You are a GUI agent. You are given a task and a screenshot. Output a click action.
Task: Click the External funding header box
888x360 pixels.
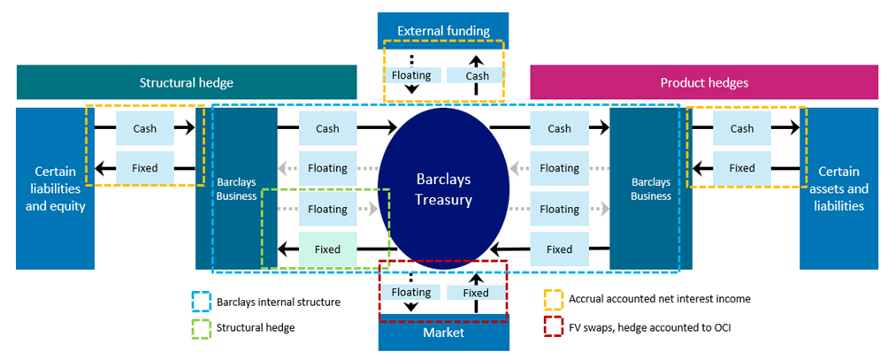click(x=443, y=31)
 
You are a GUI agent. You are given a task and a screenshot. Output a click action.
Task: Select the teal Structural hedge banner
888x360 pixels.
click(x=186, y=83)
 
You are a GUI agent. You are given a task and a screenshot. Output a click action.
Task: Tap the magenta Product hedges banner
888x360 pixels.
click(x=703, y=83)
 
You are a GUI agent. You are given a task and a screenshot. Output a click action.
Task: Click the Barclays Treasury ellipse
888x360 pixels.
click(x=444, y=188)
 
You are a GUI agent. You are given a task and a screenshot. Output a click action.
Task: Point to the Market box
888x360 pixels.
click(x=443, y=333)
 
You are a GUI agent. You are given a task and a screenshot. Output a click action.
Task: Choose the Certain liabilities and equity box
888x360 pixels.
click(x=55, y=188)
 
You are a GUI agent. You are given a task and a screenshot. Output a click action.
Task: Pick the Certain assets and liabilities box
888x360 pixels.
click(x=839, y=188)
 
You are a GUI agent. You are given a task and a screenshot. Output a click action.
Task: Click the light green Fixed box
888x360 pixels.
click(x=326, y=249)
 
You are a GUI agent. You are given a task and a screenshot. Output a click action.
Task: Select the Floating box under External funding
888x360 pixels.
click(x=411, y=76)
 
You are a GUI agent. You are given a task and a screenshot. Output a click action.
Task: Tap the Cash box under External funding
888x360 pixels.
click(x=477, y=76)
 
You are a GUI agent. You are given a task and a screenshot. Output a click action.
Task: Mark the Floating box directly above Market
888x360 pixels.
click(x=411, y=293)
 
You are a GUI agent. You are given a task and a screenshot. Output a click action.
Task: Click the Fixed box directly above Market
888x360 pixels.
click(x=476, y=293)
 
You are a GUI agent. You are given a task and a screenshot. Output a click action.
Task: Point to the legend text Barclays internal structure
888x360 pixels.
click(x=278, y=302)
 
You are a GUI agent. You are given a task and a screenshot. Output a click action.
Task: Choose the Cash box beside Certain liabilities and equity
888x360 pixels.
click(x=144, y=128)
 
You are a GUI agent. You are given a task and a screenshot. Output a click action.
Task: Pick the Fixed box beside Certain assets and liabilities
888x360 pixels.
click(x=741, y=168)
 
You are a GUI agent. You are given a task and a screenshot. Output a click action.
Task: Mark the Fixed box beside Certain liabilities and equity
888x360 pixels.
click(x=144, y=168)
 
